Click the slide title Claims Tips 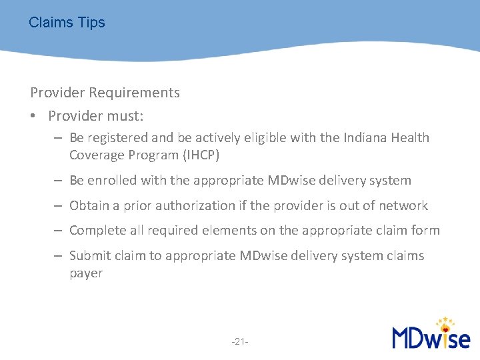[67, 23]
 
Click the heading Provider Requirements [105, 93]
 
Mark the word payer [86, 273]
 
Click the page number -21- [240, 342]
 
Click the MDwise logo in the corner [431, 333]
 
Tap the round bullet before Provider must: [33, 117]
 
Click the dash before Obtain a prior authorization [59, 206]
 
